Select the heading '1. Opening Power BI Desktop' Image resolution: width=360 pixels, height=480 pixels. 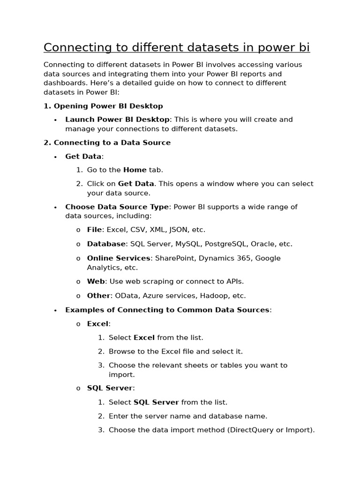point(103,106)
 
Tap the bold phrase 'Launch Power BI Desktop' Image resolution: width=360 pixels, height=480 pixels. point(117,120)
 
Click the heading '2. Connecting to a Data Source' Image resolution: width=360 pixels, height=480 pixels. point(107,142)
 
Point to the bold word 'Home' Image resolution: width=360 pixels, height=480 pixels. point(135,170)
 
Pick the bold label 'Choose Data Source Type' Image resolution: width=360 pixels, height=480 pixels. point(117,207)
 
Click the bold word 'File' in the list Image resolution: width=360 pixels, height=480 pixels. point(95,230)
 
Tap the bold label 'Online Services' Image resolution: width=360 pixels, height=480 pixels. point(119,258)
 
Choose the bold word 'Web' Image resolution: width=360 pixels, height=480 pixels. point(96,281)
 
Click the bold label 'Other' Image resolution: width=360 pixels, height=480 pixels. point(98,295)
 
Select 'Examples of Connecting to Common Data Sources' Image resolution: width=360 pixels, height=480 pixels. point(167,310)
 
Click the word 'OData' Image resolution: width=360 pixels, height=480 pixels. point(127,295)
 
